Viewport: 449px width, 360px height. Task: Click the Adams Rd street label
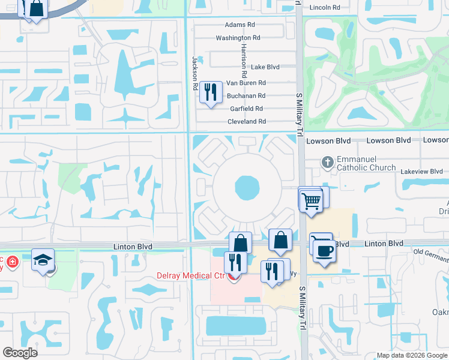click(x=240, y=25)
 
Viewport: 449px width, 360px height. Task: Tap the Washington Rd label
click(x=238, y=38)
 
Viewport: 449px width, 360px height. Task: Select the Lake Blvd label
click(x=265, y=67)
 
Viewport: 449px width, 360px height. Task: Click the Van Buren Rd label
click(x=246, y=83)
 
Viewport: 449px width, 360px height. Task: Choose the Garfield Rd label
click(x=247, y=109)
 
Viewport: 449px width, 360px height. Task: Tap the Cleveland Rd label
click(x=246, y=122)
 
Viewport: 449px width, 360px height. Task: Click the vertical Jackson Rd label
click(x=195, y=74)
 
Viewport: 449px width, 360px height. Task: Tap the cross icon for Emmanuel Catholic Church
click(x=327, y=161)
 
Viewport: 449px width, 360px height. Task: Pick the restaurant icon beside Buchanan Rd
click(x=210, y=92)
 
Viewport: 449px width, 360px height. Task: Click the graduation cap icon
click(x=43, y=259)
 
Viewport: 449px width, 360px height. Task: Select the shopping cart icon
click(x=311, y=200)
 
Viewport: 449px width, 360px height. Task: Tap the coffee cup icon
click(x=324, y=250)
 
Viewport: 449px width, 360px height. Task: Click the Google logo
click(x=20, y=353)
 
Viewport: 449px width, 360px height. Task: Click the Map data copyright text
click(x=412, y=355)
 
